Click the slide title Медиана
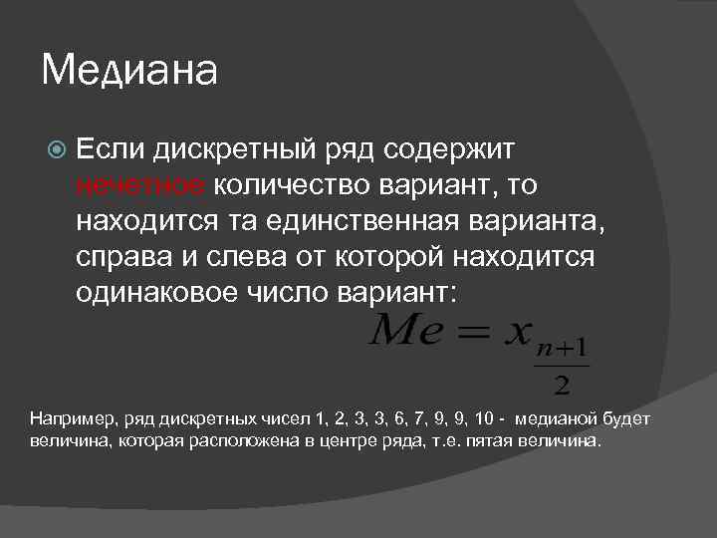tap(129, 72)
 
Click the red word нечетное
tap(139, 184)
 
